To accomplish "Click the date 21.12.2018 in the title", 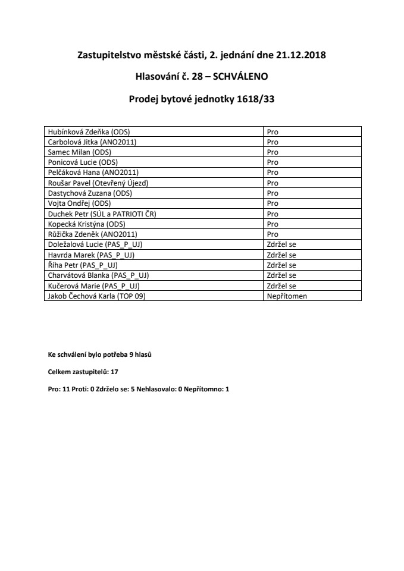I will pyautogui.click(x=301, y=55).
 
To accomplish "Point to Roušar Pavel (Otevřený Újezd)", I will pyautogui.click(x=98, y=183).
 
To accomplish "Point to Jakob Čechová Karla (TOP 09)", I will pyautogui.click(x=96, y=295).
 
